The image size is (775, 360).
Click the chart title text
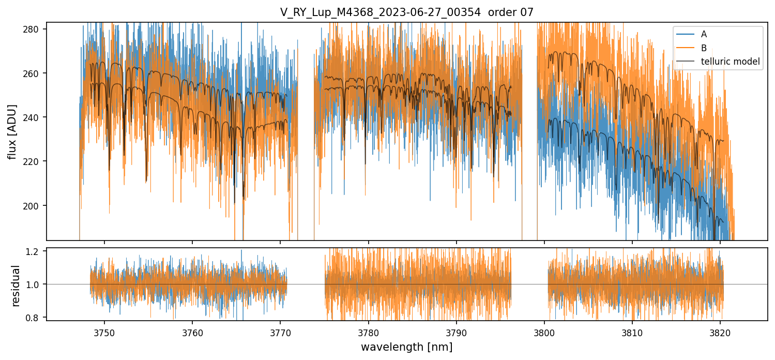(x=407, y=12)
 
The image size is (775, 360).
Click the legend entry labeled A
(x=704, y=34)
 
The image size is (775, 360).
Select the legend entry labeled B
(x=704, y=48)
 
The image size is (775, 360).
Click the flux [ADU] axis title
(x=12, y=131)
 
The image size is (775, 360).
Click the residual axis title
(x=16, y=286)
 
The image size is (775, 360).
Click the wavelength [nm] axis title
(x=406, y=347)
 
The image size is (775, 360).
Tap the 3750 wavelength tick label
(x=104, y=331)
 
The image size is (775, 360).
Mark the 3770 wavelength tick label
(x=280, y=331)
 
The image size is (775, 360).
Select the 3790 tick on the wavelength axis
(x=456, y=331)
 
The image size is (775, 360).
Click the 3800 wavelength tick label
(x=544, y=331)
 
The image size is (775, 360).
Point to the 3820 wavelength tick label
(x=720, y=331)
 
